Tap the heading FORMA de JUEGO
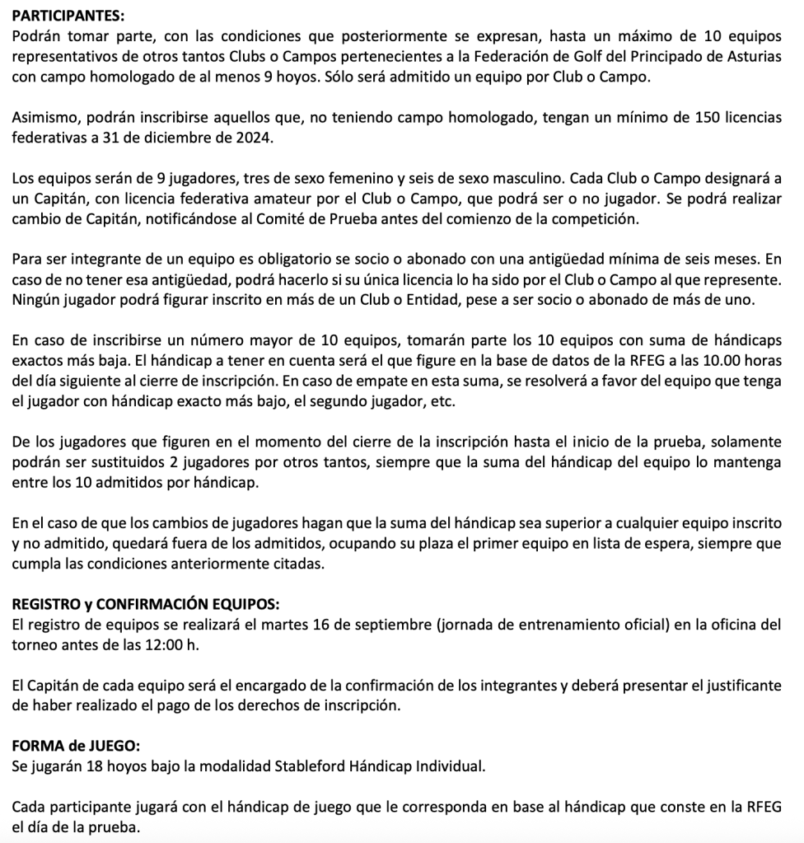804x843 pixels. point(77,746)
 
